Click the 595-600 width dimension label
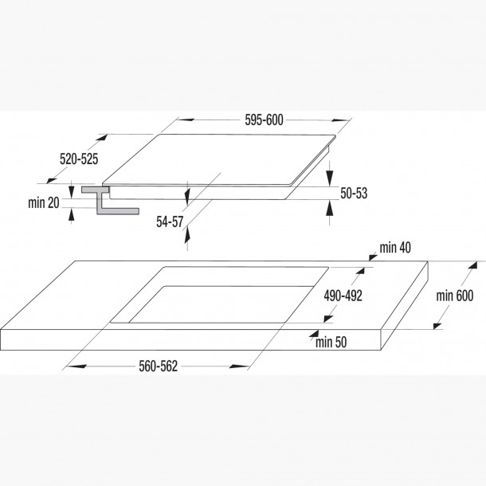[263, 120]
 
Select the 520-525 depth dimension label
[78, 159]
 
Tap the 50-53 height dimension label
[354, 193]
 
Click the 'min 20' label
[43, 203]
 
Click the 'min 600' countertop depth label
[455, 296]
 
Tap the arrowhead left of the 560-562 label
[69, 366]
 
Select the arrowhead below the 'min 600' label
[436, 324]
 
